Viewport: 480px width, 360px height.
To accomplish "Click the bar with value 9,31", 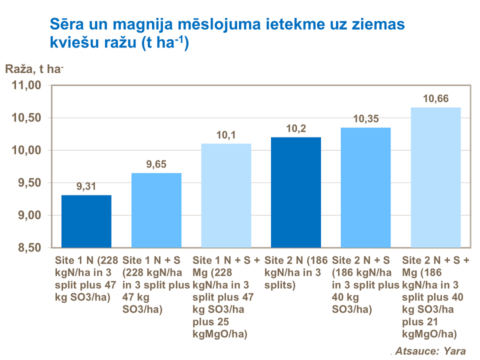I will click(86, 221).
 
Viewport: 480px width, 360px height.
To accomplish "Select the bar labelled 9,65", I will click(156, 210).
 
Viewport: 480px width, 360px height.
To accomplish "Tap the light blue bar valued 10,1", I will click(226, 195).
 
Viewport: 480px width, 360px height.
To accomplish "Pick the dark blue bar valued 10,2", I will click(295, 192).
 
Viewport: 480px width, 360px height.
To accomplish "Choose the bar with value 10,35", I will click(365, 187).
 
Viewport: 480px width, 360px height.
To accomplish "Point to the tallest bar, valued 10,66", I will click(435, 177).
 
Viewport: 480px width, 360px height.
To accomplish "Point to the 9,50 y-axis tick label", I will click(28, 183).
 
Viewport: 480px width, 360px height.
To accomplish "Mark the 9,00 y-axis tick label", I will click(28, 215).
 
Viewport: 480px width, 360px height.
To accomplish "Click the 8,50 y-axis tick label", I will click(28, 248).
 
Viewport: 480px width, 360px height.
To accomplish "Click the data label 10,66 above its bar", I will click(435, 99).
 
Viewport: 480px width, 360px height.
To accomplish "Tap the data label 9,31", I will click(86, 187).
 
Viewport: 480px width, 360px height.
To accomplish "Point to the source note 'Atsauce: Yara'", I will click(430, 351).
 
